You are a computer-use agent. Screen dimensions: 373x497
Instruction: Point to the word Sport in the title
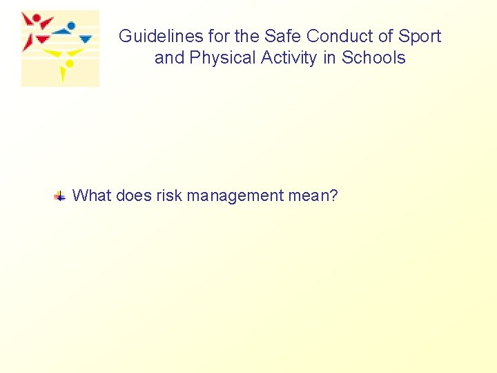(420, 37)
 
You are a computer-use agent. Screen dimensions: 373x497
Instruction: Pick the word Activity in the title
(285, 58)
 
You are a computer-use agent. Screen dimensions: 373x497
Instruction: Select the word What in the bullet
(92, 195)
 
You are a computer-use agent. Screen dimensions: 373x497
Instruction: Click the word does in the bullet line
(133, 195)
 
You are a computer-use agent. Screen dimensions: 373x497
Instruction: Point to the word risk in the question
(169, 195)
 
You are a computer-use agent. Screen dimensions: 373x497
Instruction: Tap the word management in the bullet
(235, 195)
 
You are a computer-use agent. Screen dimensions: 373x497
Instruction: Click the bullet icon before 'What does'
(60, 196)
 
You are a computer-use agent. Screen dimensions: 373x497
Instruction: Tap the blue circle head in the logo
(70, 26)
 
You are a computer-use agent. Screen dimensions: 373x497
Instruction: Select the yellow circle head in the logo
(69, 64)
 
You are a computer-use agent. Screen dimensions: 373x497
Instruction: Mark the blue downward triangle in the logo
(86, 39)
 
